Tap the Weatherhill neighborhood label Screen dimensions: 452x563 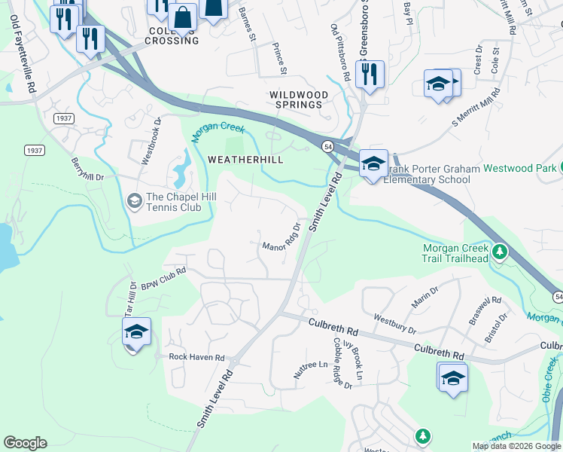[x=245, y=160]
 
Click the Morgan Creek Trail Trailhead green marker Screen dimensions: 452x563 [x=498, y=250]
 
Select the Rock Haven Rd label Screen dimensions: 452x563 [x=196, y=357]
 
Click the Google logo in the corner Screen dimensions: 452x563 [x=25, y=443]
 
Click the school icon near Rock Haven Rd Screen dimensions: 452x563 [x=136, y=332]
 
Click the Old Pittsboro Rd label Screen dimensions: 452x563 [x=340, y=52]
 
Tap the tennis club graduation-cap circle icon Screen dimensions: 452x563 [x=135, y=200]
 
